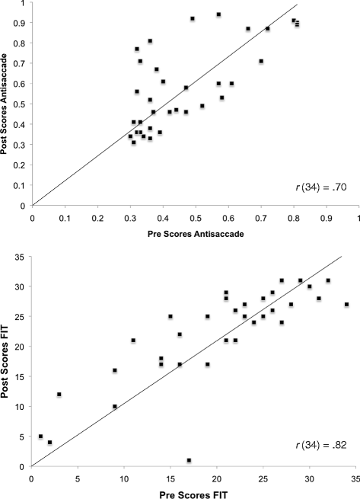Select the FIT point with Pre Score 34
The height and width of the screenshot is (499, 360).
click(346, 305)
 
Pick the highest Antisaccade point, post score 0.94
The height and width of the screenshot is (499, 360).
click(218, 14)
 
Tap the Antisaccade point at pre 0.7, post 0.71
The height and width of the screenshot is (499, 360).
click(261, 61)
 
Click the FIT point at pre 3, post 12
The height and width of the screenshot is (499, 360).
click(59, 395)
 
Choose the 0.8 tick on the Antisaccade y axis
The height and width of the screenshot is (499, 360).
click(23, 43)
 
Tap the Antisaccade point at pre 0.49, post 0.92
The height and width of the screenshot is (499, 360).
click(193, 18)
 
